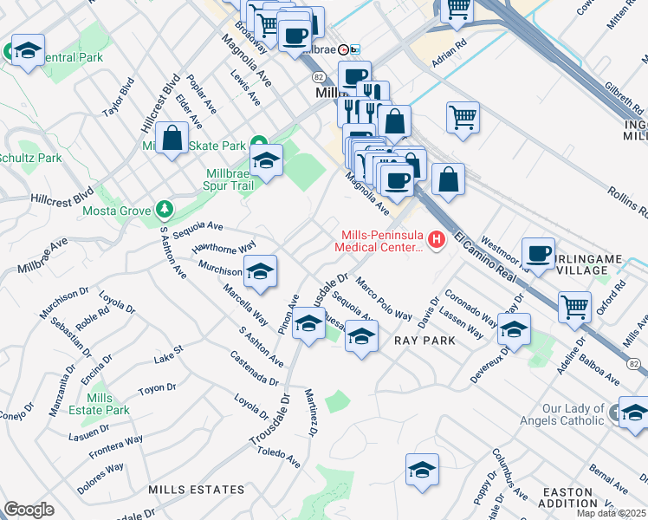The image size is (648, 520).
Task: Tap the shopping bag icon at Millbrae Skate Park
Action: pyautogui.click(x=172, y=138)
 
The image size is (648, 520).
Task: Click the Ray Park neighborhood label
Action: pyautogui.click(x=424, y=341)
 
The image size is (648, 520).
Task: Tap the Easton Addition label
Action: pyautogui.click(x=567, y=497)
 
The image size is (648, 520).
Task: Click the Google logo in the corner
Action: pyautogui.click(x=29, y=509)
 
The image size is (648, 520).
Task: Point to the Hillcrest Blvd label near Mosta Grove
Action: pyautogui.click(x=60, y=197)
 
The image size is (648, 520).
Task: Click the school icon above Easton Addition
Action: pyautogui.click(x=422, y=471)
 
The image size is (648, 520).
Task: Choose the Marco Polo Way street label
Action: pyautogui.click(x=384, y=299)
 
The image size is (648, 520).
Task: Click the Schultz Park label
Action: pyautogui.click(x=31, y=159)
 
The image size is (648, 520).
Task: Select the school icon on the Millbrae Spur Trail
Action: pyautogui.click(x=266, y=160)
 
